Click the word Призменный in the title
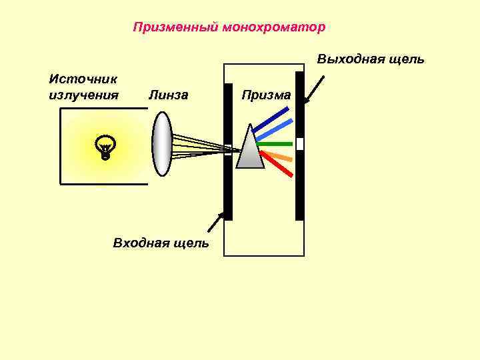(x=176, y=27)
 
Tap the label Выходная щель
(x=371, y=59)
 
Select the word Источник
(x=78, y=79)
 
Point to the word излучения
(x=83, y=95)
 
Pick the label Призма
(x=266, y=95)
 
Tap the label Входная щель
(x=161, y=243)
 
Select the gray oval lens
(x=162, y=143)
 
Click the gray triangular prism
(x=251, y=150)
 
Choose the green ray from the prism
(x=275, y=144)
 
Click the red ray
(x=277, y=164)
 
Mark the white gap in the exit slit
(x=300, y=144)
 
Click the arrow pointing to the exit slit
(x=314, y=89)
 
